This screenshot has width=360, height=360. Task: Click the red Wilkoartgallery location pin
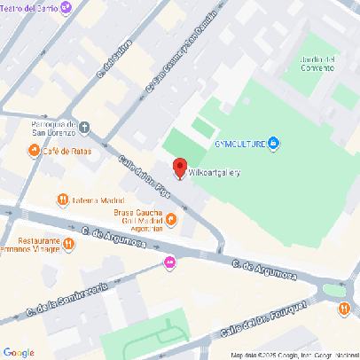(x=179, y=168)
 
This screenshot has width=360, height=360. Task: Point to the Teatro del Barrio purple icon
(x=67, y=8)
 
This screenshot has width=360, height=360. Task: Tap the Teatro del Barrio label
(x=32, y=8)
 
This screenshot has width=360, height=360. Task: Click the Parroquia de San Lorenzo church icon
(x=85, y=128)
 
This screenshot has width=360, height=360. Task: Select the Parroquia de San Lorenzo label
(x=55, y=129)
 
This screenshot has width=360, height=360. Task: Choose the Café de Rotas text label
(x=66, y=152)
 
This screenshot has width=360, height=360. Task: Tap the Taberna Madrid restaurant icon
(x=62, y=200)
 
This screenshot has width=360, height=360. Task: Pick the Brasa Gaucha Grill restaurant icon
(x=171, y=219)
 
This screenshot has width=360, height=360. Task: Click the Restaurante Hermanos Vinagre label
(x=30, y=246)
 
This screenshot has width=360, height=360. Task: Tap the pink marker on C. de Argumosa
(x=169, y=262)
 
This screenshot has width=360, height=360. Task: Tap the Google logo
(x=18, y=352)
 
